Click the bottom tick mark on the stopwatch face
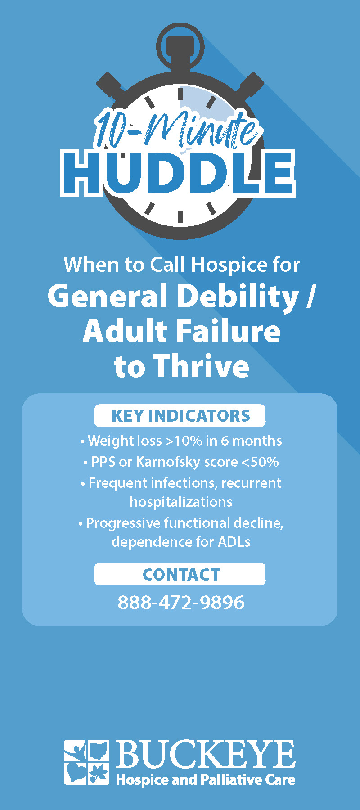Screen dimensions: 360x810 coord(180,216)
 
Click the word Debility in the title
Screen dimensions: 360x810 coord(238,297)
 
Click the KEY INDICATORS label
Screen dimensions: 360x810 coord(180,416)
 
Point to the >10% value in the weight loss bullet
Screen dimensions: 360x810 coord(184,441)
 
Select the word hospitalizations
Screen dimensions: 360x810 coord(181,502)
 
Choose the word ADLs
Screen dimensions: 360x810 coord(234,541)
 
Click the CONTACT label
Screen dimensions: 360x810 coord(181,575)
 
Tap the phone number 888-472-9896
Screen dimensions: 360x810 coord(181,602)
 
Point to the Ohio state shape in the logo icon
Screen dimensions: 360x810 coord(98,751)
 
